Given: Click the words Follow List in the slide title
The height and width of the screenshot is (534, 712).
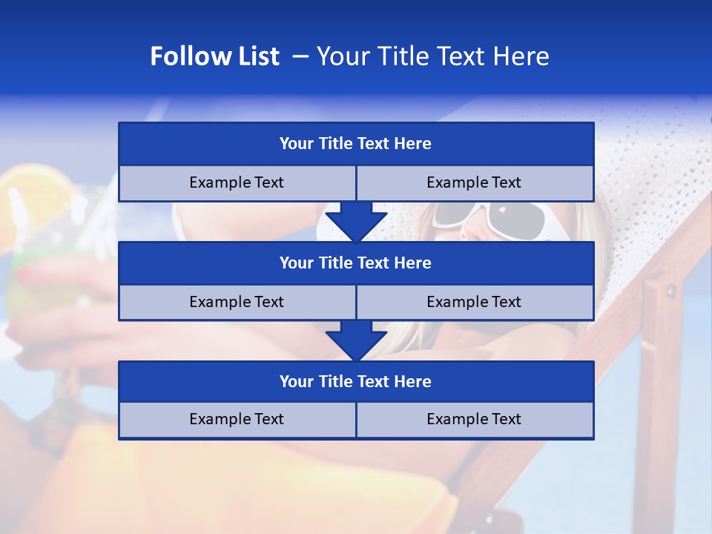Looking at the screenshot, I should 214,56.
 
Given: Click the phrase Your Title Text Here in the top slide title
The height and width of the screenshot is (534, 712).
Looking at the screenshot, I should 432,56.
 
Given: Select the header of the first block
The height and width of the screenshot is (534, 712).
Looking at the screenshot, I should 355,144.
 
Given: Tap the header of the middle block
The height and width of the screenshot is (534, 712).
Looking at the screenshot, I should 355,263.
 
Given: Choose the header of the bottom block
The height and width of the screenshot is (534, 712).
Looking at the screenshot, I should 355,381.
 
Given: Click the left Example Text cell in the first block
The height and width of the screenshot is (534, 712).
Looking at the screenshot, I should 237,183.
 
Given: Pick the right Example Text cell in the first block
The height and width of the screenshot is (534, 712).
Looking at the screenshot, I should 474,183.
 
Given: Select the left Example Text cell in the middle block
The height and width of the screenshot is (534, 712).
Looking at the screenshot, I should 237,303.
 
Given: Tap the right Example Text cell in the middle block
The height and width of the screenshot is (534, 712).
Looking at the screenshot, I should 474,303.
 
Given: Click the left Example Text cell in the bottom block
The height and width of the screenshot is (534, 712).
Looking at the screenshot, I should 237,420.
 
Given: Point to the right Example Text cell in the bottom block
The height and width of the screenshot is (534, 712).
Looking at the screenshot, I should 474,420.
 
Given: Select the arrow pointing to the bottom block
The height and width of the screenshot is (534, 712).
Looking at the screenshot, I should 356,340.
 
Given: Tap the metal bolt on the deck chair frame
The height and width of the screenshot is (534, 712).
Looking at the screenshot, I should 671,290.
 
